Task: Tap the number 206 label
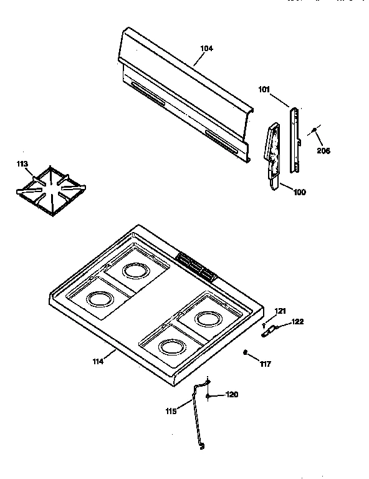pyautogui.click(x=323, y=150)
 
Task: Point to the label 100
pyautogui.click(x=299, y=192)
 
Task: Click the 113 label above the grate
pyautogui.click(x=22, y=165)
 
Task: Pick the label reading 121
pyautogui.click(x=280, y=311)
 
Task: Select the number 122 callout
pyautogui.click(x=298, y=322)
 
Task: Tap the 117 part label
pyautogui.click(x=266, y=364)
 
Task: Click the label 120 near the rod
pyautogui.click(x=231, y=394)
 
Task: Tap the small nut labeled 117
pyautogui.click(x=246, y=353)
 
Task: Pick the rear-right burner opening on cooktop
pyautogui.click(x=206, y=319)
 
